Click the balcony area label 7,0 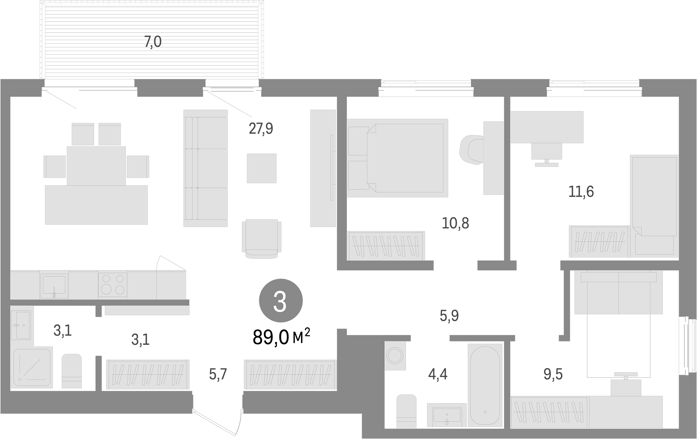pyautogui.click(x=153, y=42)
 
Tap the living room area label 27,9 pyautogui.click(x=261, y=128)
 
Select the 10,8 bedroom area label pyautogui.click(x=455, y=223)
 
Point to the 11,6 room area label pyautogui.click(x=581, y=192)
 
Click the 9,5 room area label pyautogui.click(x=553, y=374)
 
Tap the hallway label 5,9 pyautogui.click(x=449, y=316)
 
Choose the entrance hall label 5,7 pyautogui.click(x=218, y=374)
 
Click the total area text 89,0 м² pyautogui.click(x=281, y=337)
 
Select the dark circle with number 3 pyautogui.click(x=281, y=301)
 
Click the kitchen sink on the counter pyautogui.click(x=54, y=285)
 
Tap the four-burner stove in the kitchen pyautogui.click(x=113, y=285)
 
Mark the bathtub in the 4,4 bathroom pyautogui.click(x=485, y=385)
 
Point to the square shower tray pyautogui.click(x=32, y=367)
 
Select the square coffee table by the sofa pyautogui.click(x=262, y=168)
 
